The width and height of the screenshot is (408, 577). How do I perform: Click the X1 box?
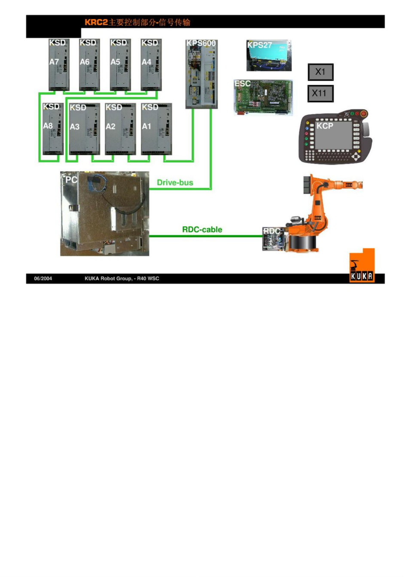[320, 72]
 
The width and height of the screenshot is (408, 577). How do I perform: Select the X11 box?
[320, 93]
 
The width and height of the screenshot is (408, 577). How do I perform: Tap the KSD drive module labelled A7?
[59, 64]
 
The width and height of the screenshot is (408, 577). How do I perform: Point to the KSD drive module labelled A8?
[52, 128]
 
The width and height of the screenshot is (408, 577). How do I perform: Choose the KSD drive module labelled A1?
[156, 129]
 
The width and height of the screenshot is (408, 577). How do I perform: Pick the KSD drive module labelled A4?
[151, 64]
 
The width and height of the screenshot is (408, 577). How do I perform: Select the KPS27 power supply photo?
[269, 55]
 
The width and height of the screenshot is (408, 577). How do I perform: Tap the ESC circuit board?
[263, 97]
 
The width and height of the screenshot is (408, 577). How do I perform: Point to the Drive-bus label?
[175, 182]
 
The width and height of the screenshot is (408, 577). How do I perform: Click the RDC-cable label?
[202, 230]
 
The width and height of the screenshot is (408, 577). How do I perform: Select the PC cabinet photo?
[105, 214]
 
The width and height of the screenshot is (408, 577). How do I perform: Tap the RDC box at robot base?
[274, 240]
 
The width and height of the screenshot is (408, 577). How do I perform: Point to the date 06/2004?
[43, 279]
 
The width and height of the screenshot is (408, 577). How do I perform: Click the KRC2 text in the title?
[96, 22]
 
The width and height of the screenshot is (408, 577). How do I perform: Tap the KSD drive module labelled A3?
[84, 129]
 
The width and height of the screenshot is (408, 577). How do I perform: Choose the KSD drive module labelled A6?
[89, 64]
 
